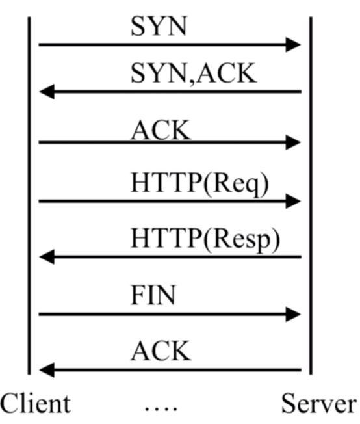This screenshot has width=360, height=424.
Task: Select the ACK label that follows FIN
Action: coord(161,352)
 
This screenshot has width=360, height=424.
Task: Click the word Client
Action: coord(35,404)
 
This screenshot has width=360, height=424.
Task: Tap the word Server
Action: coord(318,404)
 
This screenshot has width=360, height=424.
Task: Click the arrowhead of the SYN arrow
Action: coord(294,45)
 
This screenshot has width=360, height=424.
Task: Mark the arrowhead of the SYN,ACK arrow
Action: coord(47,92)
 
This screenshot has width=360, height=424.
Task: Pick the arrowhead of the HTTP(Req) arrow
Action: coord(294,202)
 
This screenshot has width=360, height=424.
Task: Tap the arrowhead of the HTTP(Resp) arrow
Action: coord(47,258)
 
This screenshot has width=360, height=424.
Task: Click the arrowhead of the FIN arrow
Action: coord(294,314)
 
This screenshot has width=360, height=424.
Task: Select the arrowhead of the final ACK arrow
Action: coord(47,370)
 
